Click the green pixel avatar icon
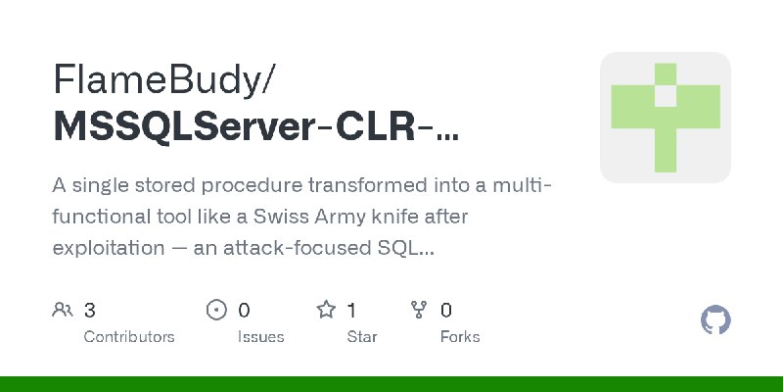(x=666, y=118)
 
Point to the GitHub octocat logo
(x=716, y=320)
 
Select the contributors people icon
(x=62, y=311)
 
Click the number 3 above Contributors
(x=89, y=311)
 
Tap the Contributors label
(x=129, y=336)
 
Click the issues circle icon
(x=217, y=311)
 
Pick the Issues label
(x=260, y=336)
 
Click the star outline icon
(x=326, y=311)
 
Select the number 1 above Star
(x=351, y=311)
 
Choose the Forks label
(x=460, y=336)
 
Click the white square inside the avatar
(x=666, y=95)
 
